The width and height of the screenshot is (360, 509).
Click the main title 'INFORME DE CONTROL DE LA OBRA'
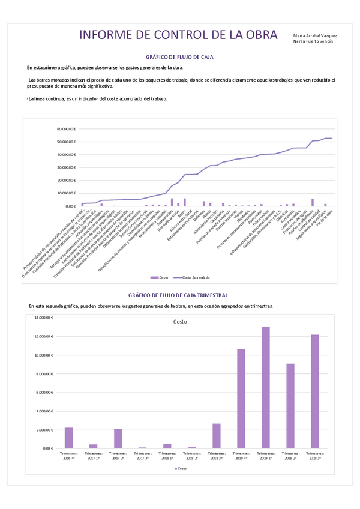point(178,35)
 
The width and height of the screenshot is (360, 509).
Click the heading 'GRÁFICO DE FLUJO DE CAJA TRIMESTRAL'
point(179,295)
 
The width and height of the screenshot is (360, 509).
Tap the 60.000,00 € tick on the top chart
point(65,129)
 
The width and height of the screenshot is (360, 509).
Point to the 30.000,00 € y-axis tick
point(65,167)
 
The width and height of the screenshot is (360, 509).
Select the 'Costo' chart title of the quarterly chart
point(180,322)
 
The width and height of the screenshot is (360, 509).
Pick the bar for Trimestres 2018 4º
point(241,399)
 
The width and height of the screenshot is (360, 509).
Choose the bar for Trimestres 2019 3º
point(314,391)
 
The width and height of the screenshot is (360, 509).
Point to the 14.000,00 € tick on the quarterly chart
point(44,318)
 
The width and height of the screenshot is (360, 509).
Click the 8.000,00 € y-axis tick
point(46,373)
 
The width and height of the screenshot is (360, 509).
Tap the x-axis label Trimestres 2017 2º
point(118,456)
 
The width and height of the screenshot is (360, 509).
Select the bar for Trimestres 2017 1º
point(93,446)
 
